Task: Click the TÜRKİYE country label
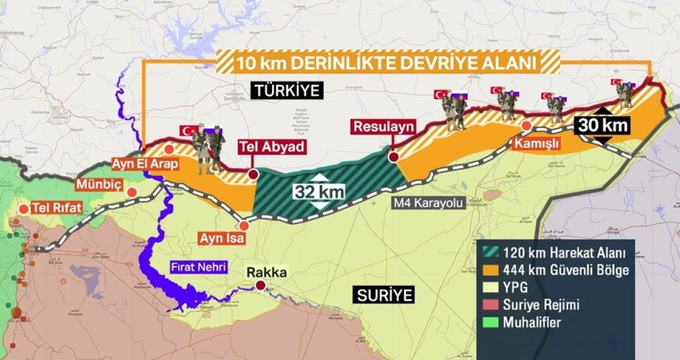point(287,91)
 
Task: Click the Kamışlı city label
point(536,145)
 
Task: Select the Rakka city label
point(266,273)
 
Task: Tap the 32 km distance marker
point(319,192)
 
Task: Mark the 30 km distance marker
point(602,125)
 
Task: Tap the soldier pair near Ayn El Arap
point(209,149)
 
